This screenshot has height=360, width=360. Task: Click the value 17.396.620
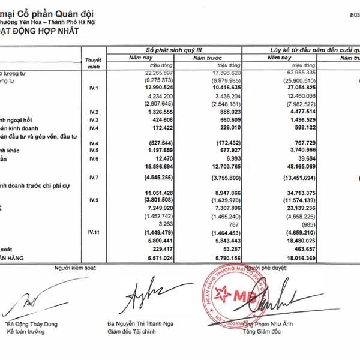tap(226, 71)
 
